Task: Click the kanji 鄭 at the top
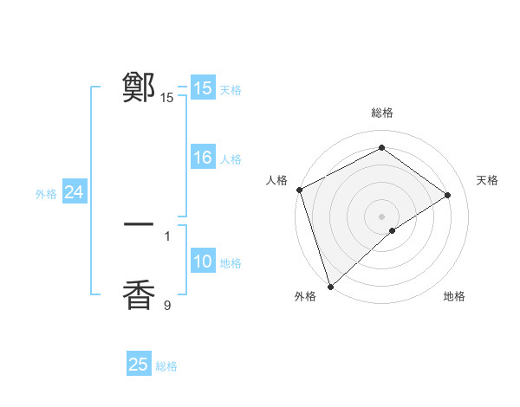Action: (139, 87)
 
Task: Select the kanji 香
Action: (139, 294)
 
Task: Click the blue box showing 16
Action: (203, 158)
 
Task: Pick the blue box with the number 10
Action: (203, 262)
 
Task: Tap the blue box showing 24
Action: (75, 192)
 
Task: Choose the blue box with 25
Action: (139, 365)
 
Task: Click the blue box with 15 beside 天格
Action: (203, 88)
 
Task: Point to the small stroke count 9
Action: (167, 305)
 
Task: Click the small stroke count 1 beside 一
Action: (167, 236)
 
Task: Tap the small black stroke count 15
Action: (167, 98)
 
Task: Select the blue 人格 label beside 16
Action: (231, 159)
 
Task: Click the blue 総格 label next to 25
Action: (166, 366)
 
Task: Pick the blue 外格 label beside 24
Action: (46, 194)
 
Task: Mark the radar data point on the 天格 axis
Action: (448, 195)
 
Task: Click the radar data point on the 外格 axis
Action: (329, 286)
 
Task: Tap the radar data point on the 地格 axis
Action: (393, 230)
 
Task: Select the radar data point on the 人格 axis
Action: (299, 190)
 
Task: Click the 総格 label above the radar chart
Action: (382, 113)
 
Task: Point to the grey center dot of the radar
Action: (381, 216)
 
